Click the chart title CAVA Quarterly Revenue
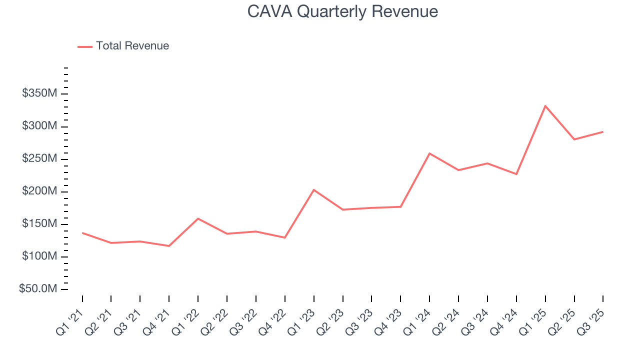click(x=342, y=11)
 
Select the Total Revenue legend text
click(x=132, y=46)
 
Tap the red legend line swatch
click(x=85, y=46)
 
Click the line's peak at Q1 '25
click(x=545, y=105)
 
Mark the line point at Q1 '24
click(x=429, y=153)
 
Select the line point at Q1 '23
click(x=313, y=189)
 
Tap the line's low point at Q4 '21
click(x=169, y=246)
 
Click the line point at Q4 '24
click(x=516, y=174)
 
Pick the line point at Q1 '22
click(x=198, y=218)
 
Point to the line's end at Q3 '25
click(x=602, y=131)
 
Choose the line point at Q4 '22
click(x=284, y=237)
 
